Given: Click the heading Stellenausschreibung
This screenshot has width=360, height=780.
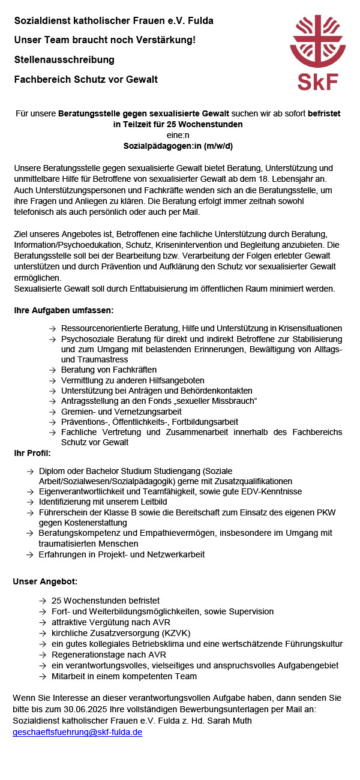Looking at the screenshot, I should [64, 59].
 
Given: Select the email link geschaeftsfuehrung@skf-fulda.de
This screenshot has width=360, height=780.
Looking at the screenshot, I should [77, 732].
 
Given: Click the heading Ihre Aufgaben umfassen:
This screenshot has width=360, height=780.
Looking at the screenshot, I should [64, 310].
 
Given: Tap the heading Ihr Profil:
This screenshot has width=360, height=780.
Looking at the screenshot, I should [32, 452].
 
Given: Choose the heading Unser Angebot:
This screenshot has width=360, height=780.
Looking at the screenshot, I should [45, 581].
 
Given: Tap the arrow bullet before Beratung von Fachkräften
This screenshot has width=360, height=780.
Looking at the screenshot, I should [53, 370].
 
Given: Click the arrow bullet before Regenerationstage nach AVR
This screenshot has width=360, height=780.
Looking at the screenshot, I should [43, 655].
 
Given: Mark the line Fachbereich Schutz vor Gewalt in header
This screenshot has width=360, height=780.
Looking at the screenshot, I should [86, 79].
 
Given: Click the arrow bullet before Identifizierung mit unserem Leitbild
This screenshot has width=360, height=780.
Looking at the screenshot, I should [30, 502].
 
